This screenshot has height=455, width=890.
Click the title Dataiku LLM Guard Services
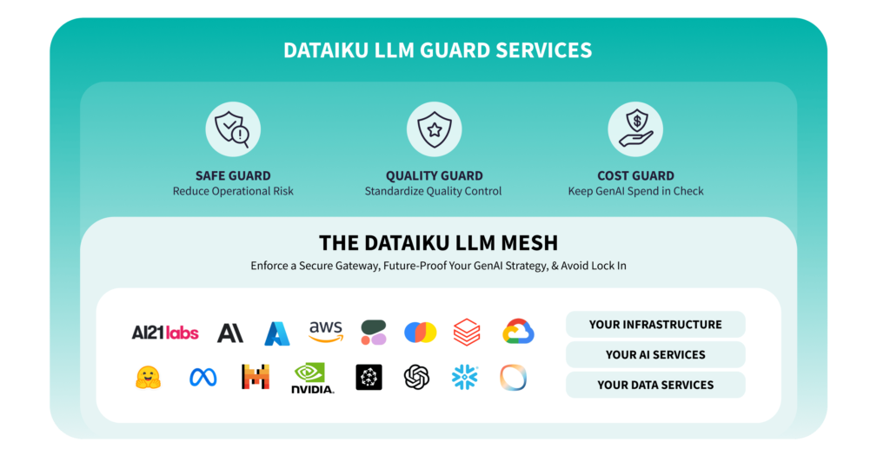point(437,50)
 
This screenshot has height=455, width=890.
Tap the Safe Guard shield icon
point(232,129)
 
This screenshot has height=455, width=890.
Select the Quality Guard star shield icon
point(434,129)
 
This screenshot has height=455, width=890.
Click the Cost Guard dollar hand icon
point(634,129)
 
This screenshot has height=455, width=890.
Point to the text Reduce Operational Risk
point(233,191)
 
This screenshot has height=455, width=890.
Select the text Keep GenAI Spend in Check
point(635,191)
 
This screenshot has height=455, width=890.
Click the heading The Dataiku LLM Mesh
point(438,243)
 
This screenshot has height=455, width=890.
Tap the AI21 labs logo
point(165,333)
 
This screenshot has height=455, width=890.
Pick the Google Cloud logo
point(518,332)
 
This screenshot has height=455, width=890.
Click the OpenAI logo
point(417,377)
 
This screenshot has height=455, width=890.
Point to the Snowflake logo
point(465,377)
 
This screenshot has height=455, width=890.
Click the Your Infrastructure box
point(655,325)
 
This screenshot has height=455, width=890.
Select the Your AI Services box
point(655,354)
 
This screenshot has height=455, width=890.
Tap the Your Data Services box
point(655,385)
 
